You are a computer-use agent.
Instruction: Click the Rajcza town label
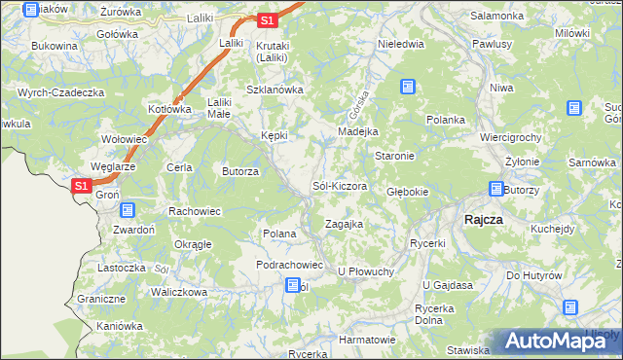pos(484,219)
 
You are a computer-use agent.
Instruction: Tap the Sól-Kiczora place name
pos(339,185)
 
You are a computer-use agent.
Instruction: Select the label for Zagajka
pos(344,224)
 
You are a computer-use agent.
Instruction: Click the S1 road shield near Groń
pos(83,186)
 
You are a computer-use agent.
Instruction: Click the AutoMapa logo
pos(556,341)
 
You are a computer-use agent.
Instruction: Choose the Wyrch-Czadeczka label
pos(60,92)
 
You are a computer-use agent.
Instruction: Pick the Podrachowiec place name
pos(288,265)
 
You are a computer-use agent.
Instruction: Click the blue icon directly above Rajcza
pos(496,190)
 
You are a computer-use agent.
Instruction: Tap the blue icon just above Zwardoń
pos(128,209)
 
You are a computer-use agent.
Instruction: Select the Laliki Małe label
pos(219,106)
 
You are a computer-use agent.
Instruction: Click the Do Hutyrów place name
pos(534,275)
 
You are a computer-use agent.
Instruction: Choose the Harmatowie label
pos(367,340)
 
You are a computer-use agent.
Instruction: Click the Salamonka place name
pos(497,16)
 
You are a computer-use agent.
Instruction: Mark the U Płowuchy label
pos(365,270)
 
